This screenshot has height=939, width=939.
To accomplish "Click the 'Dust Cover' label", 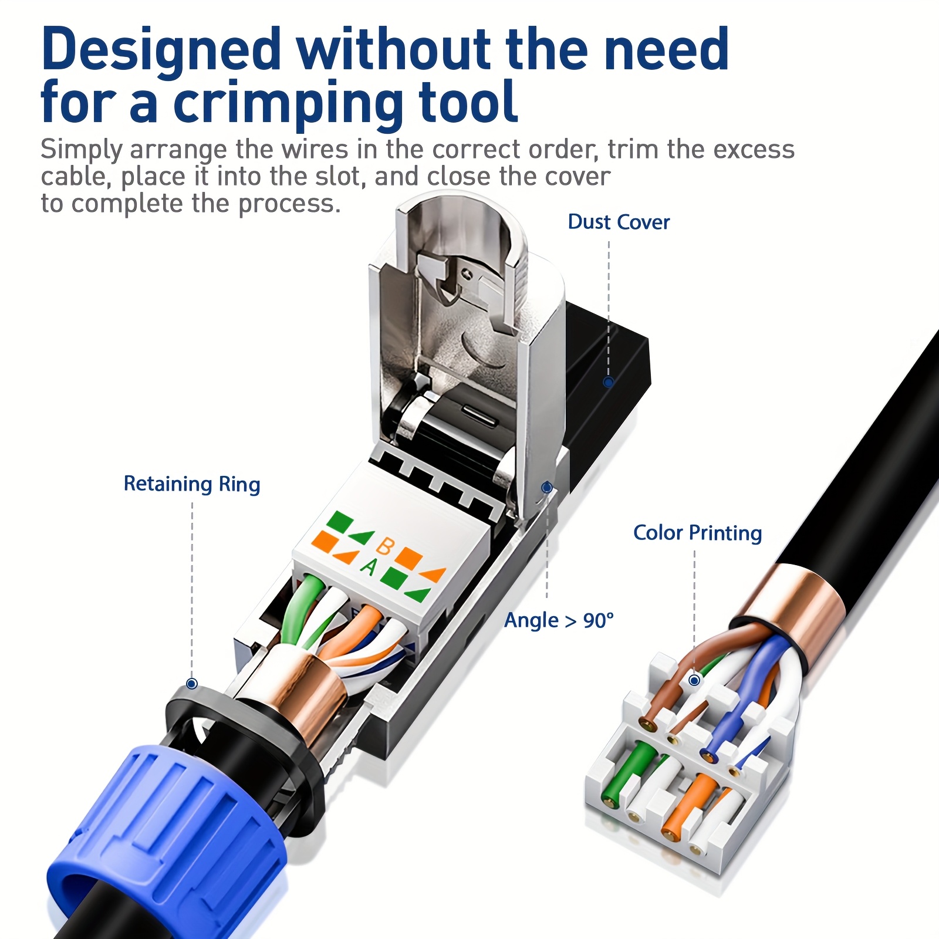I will coord(619,222).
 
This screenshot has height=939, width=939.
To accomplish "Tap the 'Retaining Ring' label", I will coord(191,484).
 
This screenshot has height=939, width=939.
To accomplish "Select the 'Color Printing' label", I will coord(697,533).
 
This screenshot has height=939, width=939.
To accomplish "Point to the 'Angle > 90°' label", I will coord(559,620).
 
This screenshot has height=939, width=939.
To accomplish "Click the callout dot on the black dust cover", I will coord(609,383).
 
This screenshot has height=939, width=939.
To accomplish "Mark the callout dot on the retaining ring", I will coord(191,684).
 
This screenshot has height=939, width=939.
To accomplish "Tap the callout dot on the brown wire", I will coord(694,680).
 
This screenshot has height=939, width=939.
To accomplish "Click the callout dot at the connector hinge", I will coord(547,487).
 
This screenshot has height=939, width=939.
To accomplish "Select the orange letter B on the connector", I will coord(384,546).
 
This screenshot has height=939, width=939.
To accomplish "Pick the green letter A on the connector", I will coord(369,566).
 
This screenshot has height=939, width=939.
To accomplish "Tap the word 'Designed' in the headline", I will coord(161,50).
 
